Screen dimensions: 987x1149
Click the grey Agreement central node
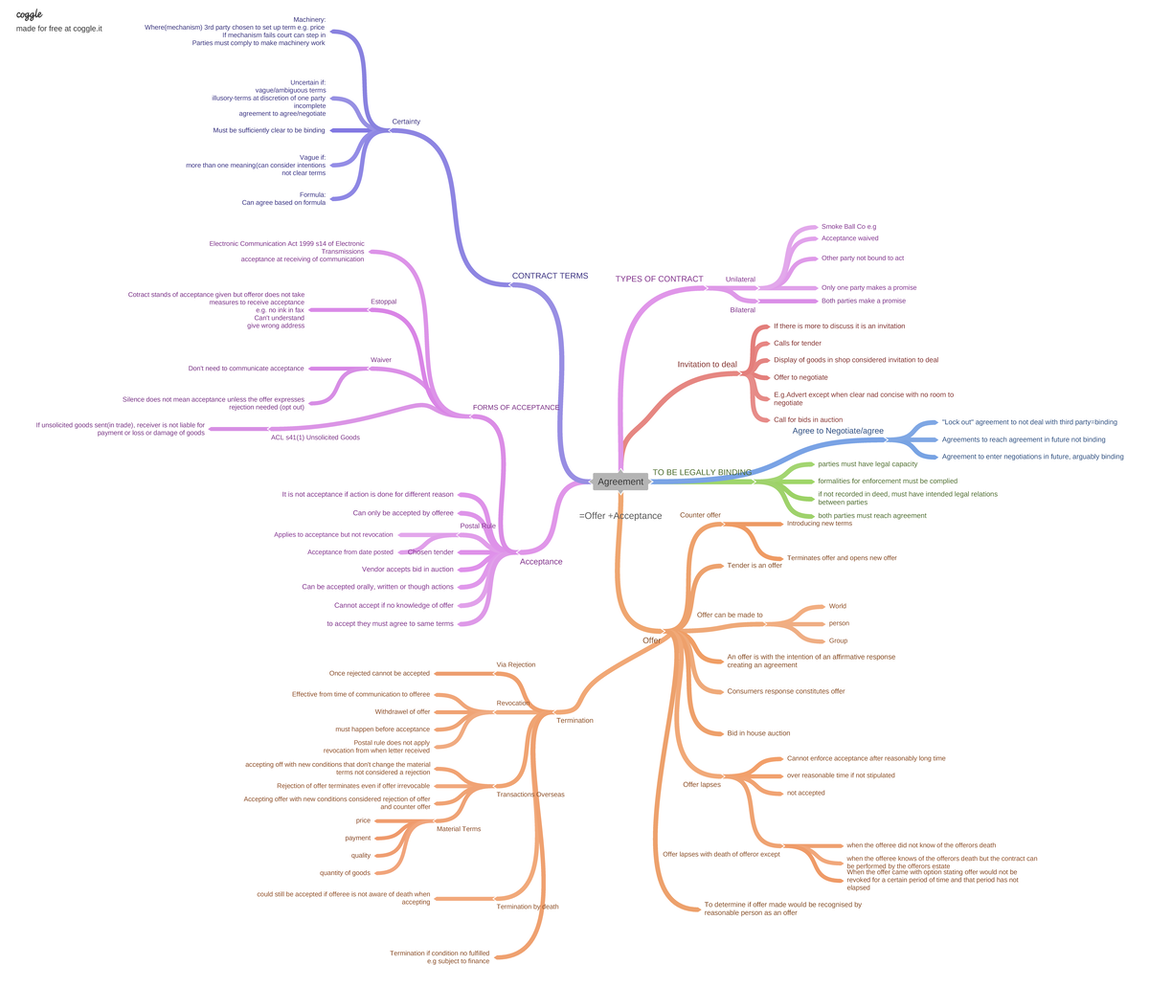(x=620, y=482)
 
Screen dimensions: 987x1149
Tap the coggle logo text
(x=29, y=14)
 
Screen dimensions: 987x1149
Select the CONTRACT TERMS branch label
(x=550, y=276)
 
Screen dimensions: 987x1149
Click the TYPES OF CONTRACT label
(x=659, y=279)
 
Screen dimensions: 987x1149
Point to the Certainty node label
(x=406, y=122)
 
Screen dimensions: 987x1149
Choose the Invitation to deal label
(x=707, y=364)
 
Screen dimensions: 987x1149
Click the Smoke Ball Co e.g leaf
(x=848, y=227)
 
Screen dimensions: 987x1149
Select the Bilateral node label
(x=742, y=310)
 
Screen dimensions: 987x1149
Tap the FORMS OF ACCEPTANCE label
(x=516, y=408)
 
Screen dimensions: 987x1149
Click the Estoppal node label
(x=383, y=302)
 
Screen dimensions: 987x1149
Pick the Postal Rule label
(x=478, y=526)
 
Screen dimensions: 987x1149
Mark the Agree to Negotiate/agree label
(x=838, y=431)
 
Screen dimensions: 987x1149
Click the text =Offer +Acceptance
(x=620, y=516)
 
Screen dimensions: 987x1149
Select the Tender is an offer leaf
(x=755, y=566)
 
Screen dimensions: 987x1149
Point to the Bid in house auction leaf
(x=758, y=733)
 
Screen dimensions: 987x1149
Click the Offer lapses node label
(x=701, y=785)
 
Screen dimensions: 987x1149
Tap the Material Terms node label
(x=459, y=829)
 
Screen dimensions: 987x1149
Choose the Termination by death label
(x=527, y=907)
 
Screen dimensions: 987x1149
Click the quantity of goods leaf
(x=345, y=873)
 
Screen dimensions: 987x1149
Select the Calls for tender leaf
(x=798, y=343)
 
